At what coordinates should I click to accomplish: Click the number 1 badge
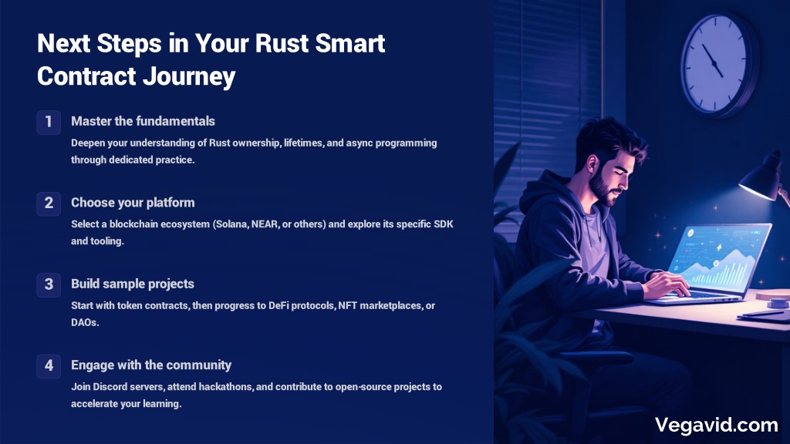tap(49, 123)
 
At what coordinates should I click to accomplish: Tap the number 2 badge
tap(49, 203)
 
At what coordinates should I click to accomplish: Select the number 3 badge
tap(49, 285)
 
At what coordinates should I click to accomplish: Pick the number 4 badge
tap(49, 366)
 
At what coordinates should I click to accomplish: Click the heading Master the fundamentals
tap(143, 121)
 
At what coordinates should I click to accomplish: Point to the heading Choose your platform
tap(133, 203)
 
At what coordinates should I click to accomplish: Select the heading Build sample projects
tap(133, 284)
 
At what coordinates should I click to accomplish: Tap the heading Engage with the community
tap(151, 365)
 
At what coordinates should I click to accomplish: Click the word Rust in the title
tap(282, 43)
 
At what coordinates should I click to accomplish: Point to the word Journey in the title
tap(189, 77)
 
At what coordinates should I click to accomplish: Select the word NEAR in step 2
tap(265, 224)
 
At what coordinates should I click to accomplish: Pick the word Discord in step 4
tap(111, 387)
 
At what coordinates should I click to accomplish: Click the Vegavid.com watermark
tap(716, 425)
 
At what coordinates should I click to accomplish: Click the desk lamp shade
tap(761, 179)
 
